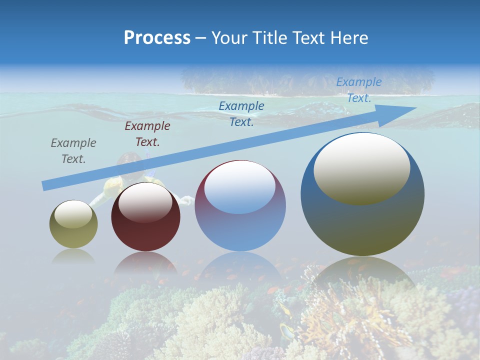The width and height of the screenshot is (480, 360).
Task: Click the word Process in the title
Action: (x=157, y=38)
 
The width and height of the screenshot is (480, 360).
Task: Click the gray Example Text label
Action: (x=73, y=151)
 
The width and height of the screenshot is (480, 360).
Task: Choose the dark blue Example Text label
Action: (x=241, y=114)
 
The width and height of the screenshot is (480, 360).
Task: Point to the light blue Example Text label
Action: (x=358, y=90)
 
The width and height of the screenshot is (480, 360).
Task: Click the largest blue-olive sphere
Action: (x=362, y=225)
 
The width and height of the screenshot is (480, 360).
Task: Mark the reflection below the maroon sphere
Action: (x=145, y=263)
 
